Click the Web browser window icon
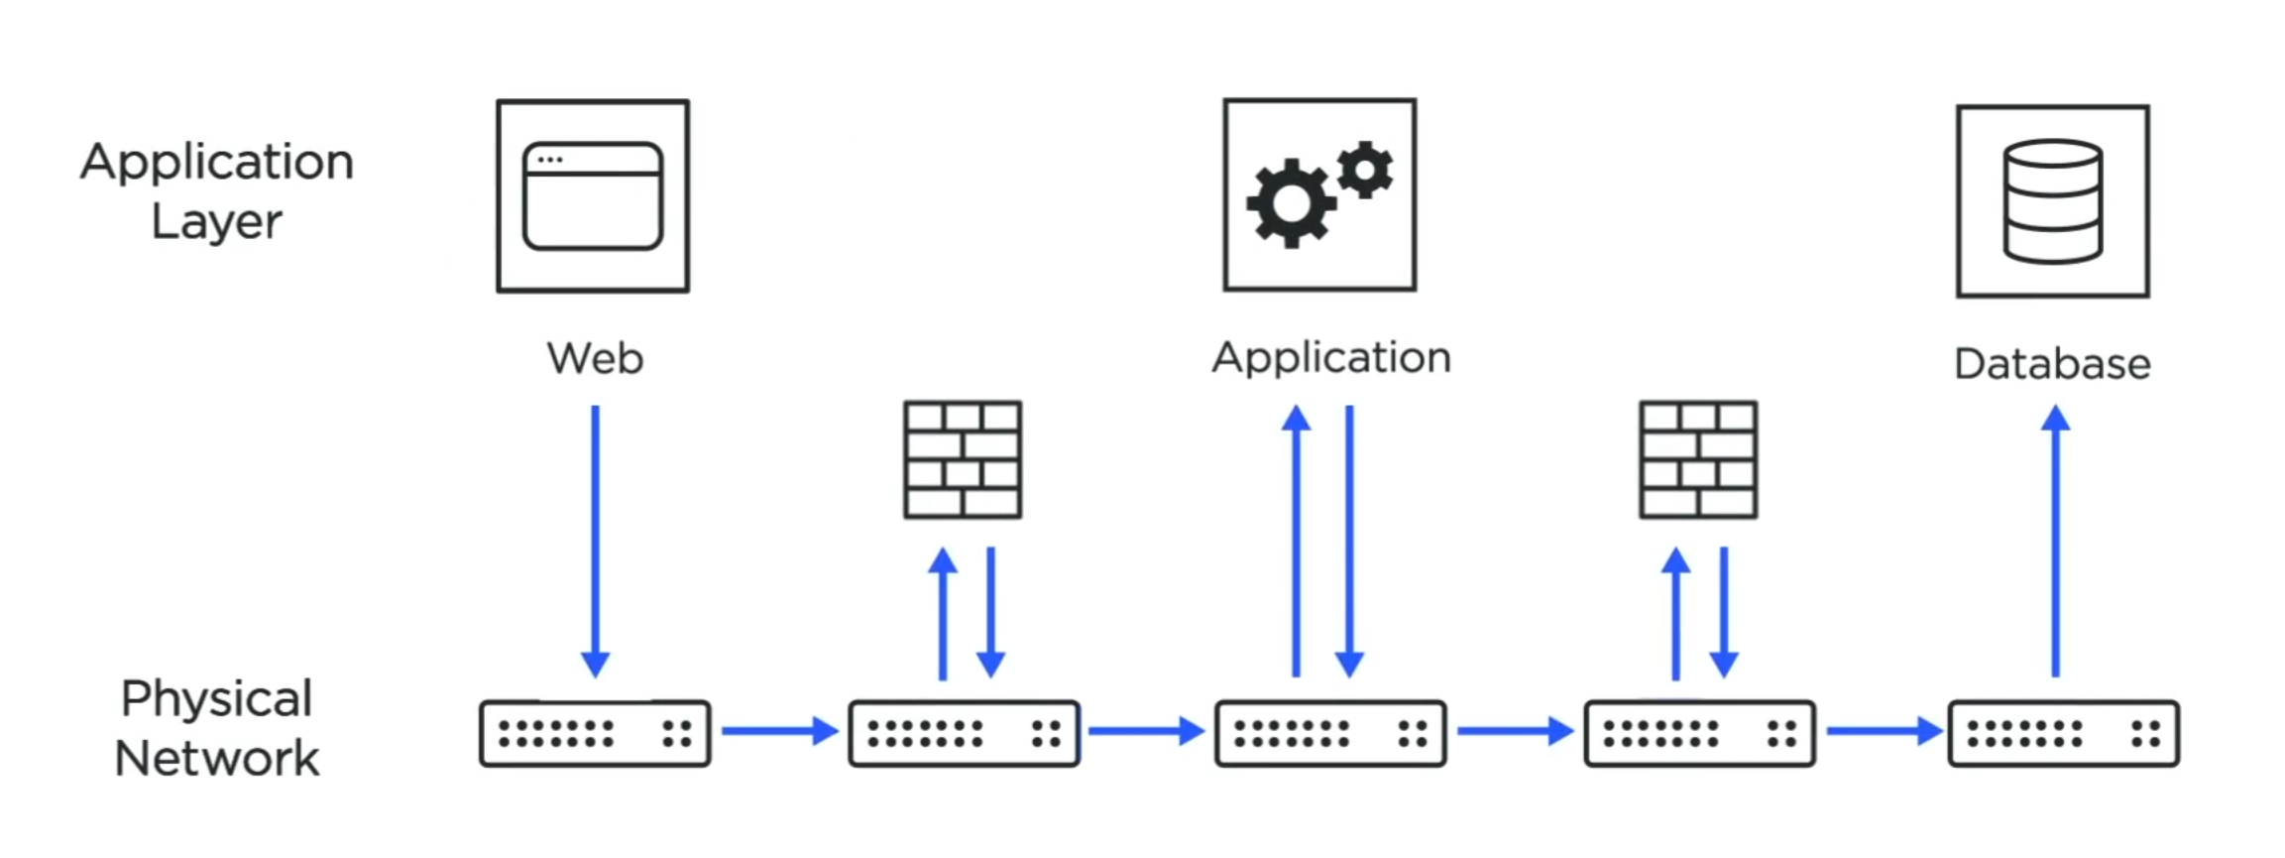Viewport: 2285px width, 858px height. click(x=593, y=196)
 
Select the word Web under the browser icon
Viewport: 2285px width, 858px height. click(x=595, y=358)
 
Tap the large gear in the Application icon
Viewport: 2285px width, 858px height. click(x=1290, y=203)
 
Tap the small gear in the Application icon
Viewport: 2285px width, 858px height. click(x=1365, y=171)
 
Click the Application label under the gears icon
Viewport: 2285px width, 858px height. click(x=1330, y=358)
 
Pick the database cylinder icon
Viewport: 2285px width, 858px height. click(x=2052, y=201)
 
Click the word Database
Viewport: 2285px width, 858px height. click(x=2052, y=364)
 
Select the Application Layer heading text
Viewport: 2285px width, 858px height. click(x=217, y=190)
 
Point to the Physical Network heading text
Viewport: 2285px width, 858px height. click(x=217, y=728)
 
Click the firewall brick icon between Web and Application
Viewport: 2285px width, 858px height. click(x=963, y=459)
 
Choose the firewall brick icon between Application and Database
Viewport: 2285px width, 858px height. click(x=1698, y=459)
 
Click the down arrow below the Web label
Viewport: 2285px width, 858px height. click(x=595, y=541)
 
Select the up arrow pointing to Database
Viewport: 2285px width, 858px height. click(x=2055, y=541)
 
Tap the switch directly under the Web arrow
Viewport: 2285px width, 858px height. click(x=595, y=734)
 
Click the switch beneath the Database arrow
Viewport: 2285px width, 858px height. click(x=2063, y=734)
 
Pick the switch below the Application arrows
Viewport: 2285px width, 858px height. click(x=1330, y=734)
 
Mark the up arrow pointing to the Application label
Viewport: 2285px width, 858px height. click(x=1296, y=541)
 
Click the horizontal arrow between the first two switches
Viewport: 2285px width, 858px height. click(x=779, y=731)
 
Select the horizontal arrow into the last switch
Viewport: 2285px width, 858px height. click(x=1884, y=731)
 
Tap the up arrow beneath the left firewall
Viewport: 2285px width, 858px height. click(x=943, y=613)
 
